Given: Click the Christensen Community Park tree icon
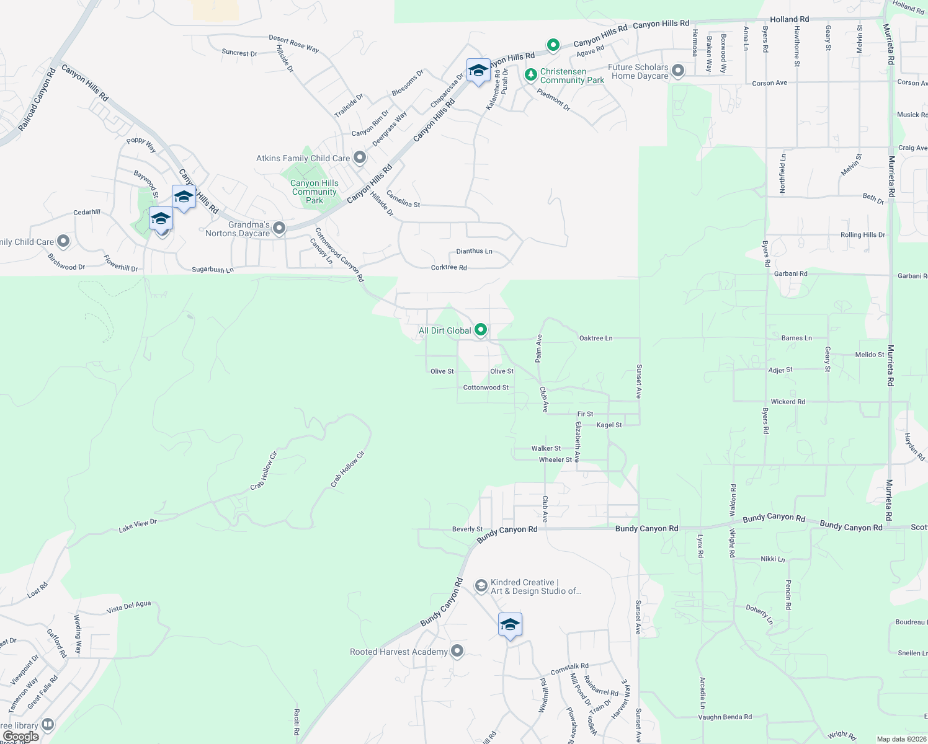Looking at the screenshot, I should pyautogui.click(x=530, y=75).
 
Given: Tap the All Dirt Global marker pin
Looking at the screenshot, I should pyautogui.click(x=480, y=330).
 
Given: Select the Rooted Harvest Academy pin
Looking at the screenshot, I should pyautogui.click(x=457, y=651).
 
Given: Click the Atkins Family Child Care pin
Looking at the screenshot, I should pyautogui.click(x=360, y=158).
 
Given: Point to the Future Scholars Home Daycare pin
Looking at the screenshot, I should pyautogui.click(x=678, y=71).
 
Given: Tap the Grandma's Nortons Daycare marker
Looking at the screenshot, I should pyautogui.click(x=279, y=229).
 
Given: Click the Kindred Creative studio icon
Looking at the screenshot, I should pyautogui.click(x=481, y=586).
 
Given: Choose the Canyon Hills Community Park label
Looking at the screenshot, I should pyautogui.click(x=315, y=192).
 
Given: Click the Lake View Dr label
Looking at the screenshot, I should pyautogui.click(x=138, y=526).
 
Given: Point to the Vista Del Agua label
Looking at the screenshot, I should pyautogui.click(x=128, y=607).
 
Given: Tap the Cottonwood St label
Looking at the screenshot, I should pyautogui.click(x=486, y=387).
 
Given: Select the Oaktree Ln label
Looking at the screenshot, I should pyautogui.click(x=596, y=339).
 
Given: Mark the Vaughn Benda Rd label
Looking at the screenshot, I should pyautogui.click(x=725, y=717).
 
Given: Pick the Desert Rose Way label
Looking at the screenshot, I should pyautogui.click(x=293, y=43).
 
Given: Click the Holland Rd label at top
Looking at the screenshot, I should pyautogui.click(x=789, y=19).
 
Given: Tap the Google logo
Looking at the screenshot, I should pyautogui.click(x=20, y=737).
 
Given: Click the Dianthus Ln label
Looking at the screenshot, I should pyautogui.click(x=474, y=251).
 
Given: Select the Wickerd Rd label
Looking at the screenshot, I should pyautogui.click(x=788, y=402).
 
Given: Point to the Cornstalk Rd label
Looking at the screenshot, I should pyautogui.click(x=569, y=669).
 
